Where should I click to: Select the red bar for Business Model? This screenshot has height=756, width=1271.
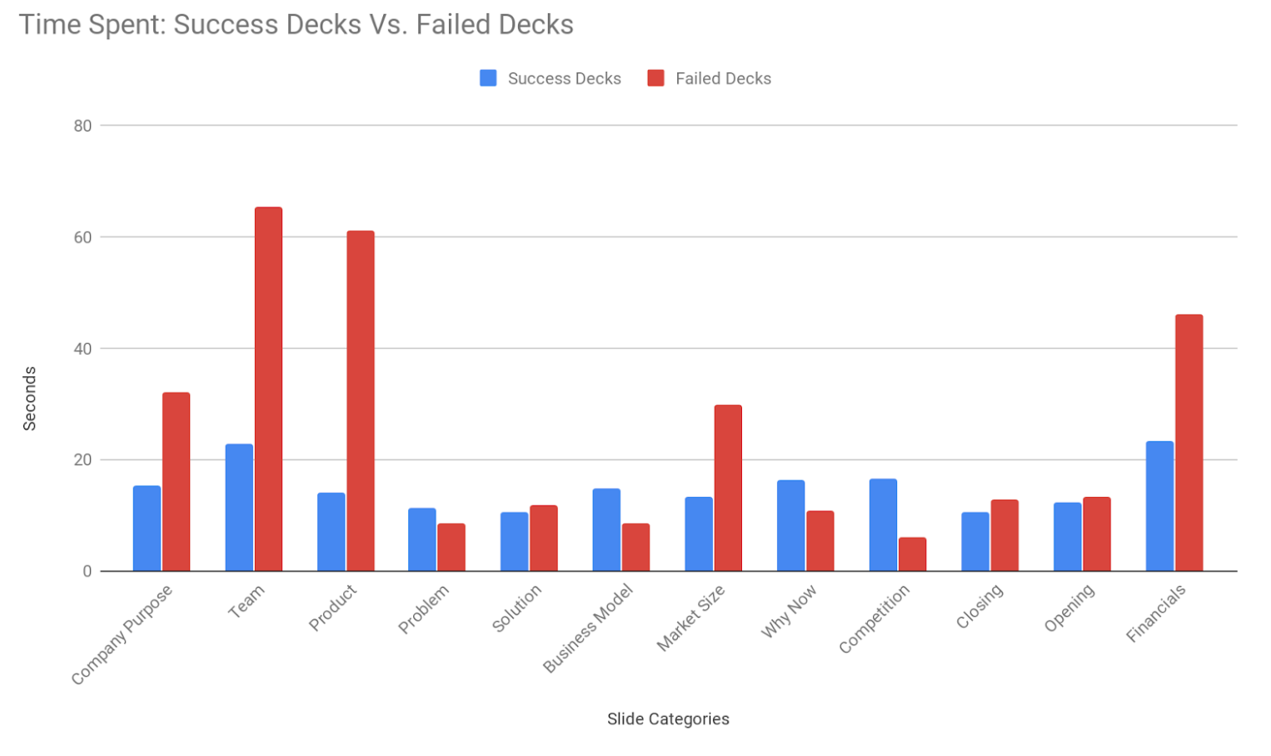[635, 547]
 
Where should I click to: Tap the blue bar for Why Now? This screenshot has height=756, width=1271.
[790, 525]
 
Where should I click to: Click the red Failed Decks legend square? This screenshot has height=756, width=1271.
[655, 78]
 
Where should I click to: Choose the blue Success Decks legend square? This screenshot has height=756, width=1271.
[488, 78]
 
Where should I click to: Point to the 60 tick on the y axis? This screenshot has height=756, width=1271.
[82, 237]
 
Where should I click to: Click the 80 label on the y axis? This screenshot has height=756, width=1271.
[82, 126]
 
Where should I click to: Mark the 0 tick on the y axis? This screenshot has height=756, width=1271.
[87, 571]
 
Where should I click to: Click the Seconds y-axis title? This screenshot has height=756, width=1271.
[30, 398]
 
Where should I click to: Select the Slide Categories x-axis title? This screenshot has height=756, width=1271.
[668, 719]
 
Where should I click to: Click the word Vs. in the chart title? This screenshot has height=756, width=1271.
[388, 25]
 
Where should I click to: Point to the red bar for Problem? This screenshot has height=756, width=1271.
[451, 547]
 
